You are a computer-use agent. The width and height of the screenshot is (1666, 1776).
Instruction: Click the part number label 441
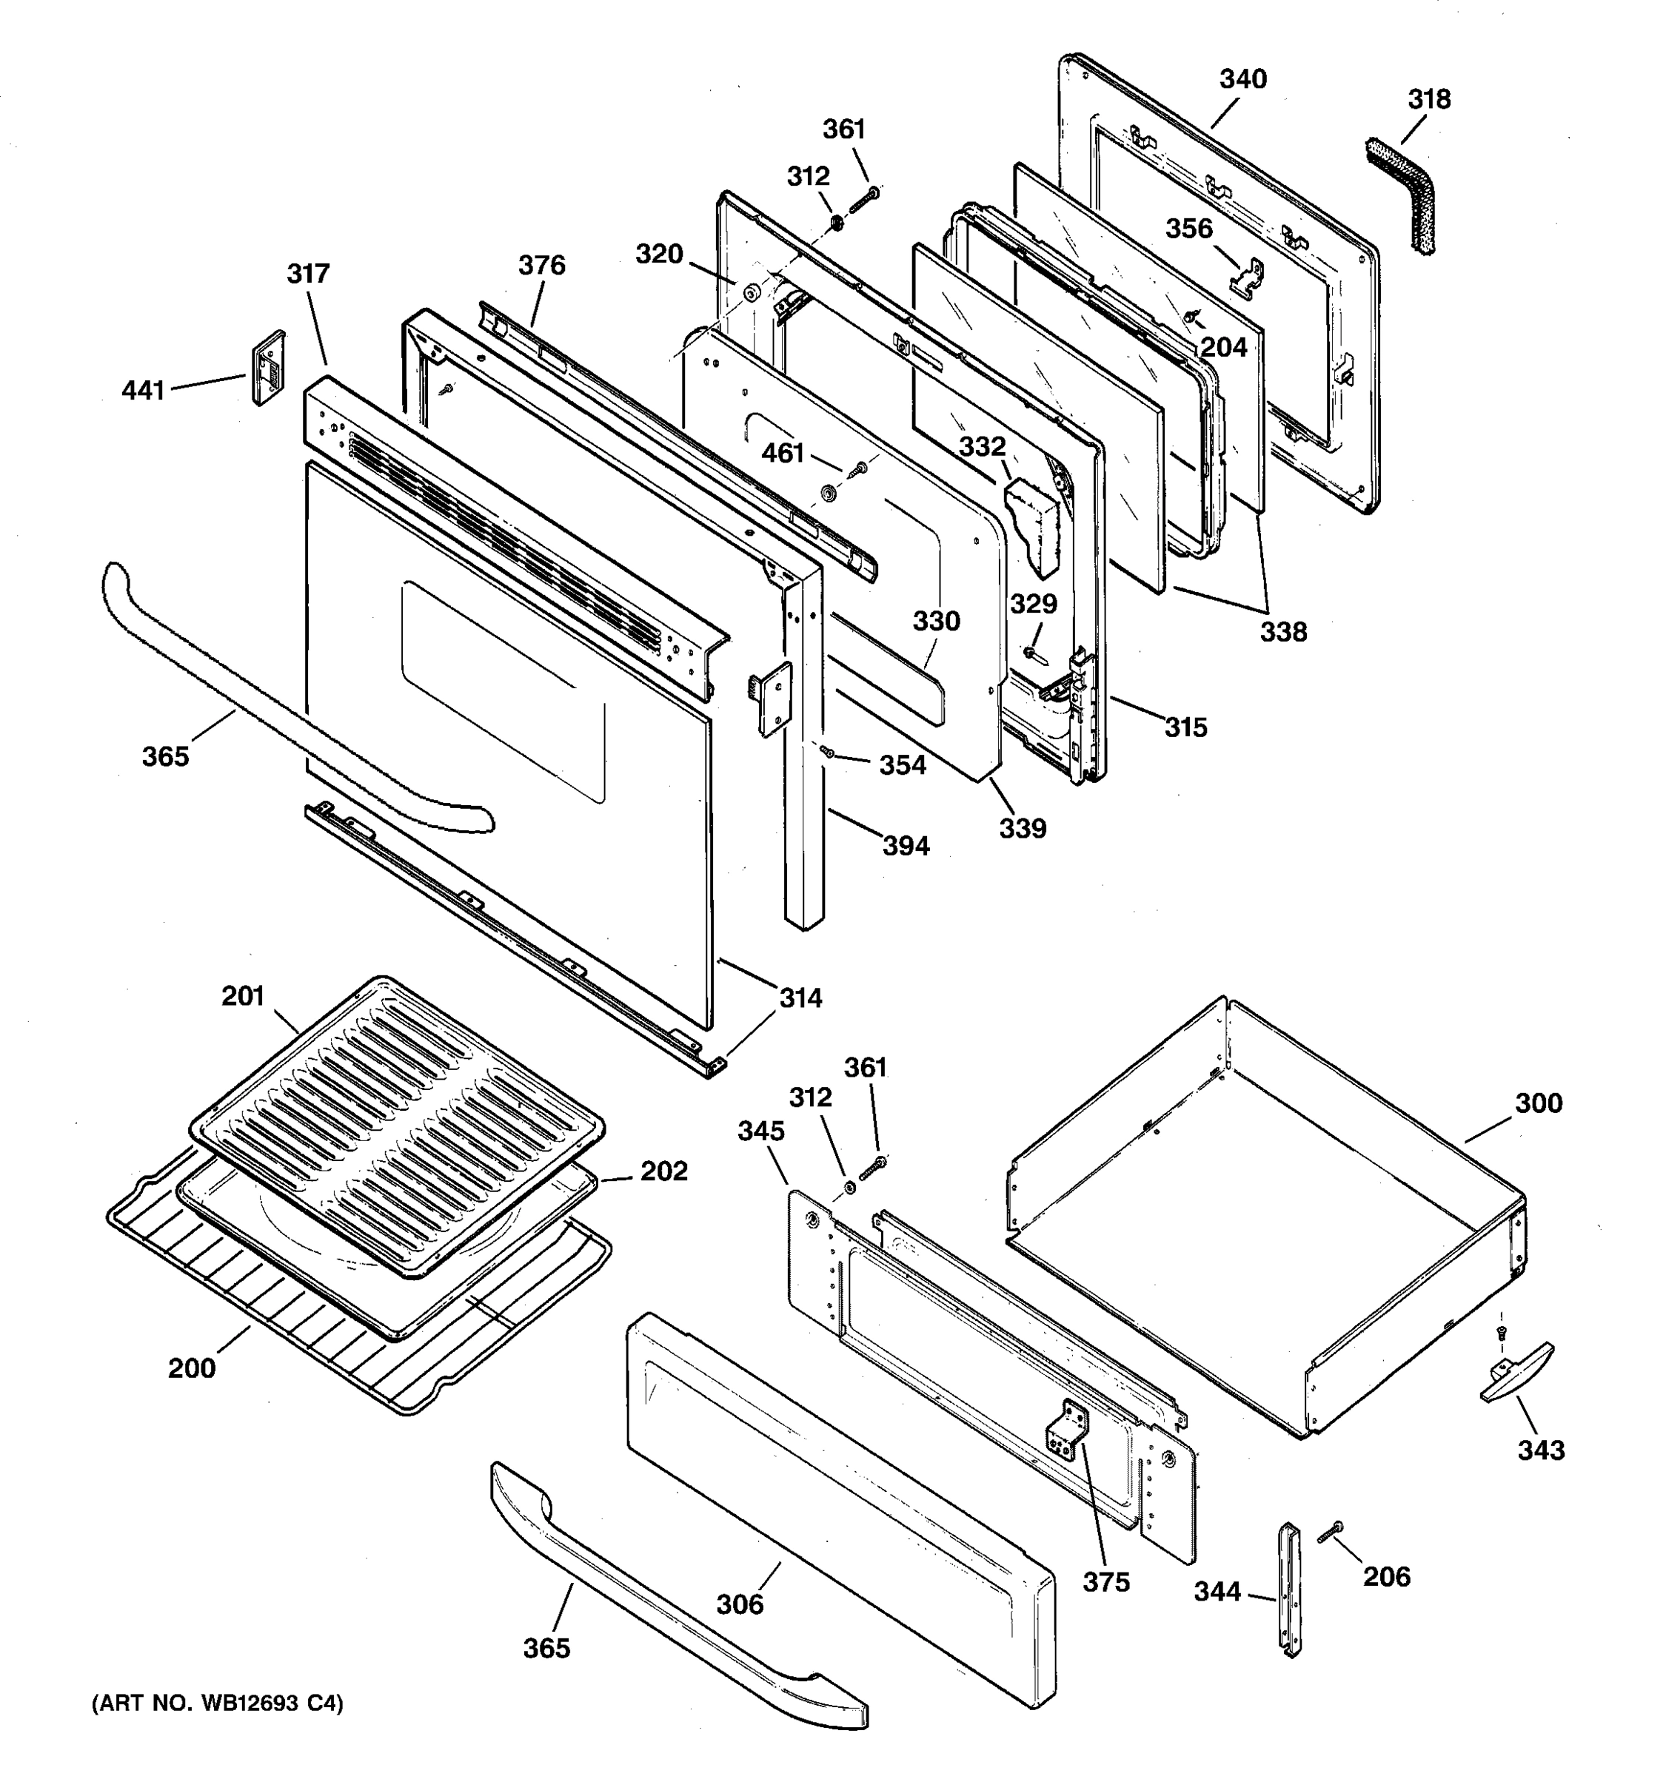(143, 391)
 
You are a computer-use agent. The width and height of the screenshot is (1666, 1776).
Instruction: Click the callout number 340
(1243, 79)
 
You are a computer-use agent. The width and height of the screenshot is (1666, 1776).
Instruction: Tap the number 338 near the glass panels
(1283, 632)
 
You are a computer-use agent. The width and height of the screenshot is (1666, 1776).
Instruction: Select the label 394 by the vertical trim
(906, 845)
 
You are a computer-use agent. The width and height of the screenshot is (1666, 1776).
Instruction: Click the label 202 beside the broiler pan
(663, 1171)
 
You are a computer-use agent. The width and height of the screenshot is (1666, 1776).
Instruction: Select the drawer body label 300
(1538, 1103)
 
